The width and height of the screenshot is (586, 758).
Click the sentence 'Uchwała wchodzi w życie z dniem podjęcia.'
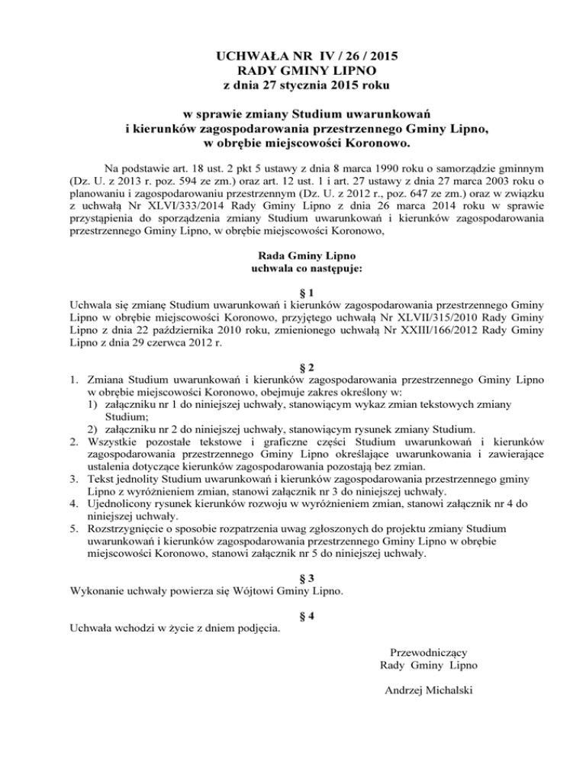[175, 629]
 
